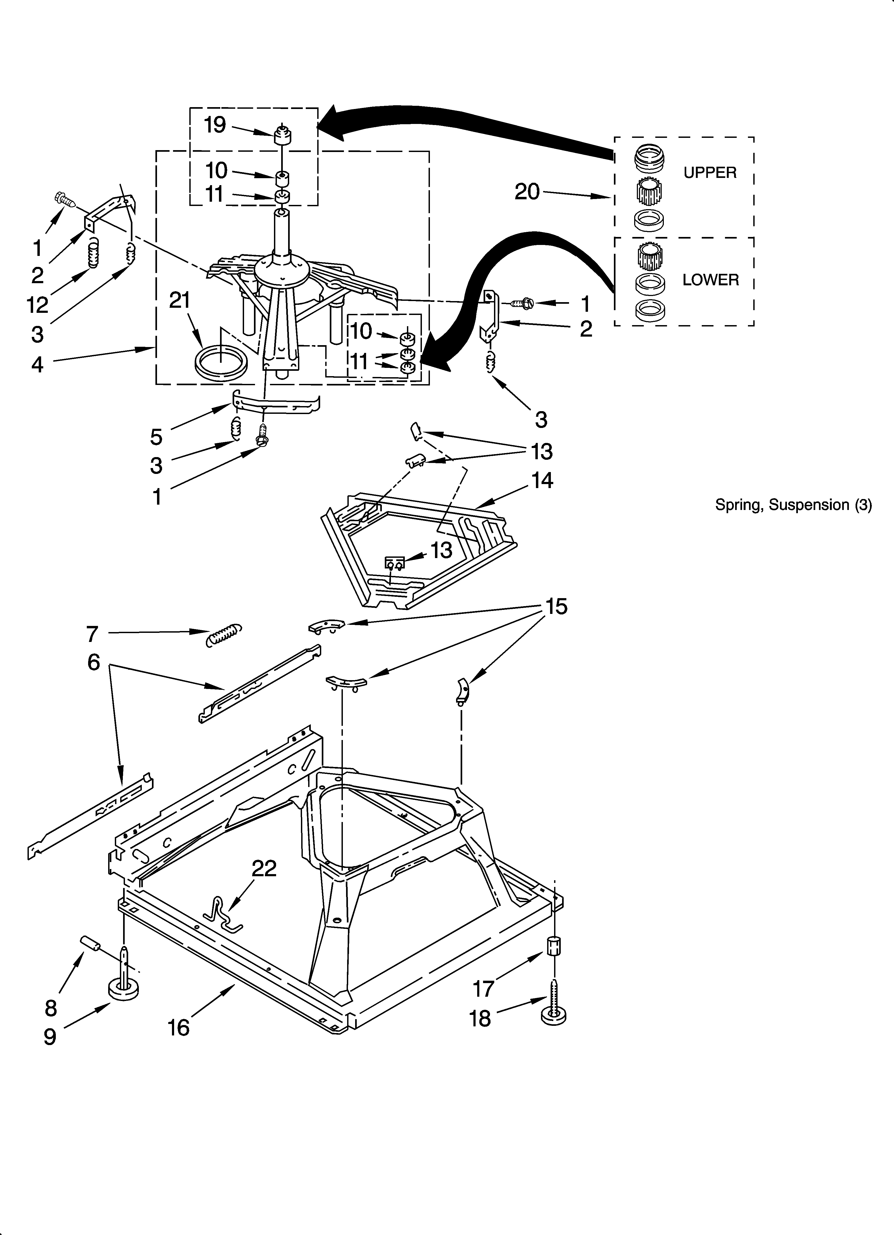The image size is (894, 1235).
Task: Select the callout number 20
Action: (x=527, y=192)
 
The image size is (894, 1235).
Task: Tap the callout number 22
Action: (x=264, y=868)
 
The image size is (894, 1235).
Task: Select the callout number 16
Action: (x=179, y=1027)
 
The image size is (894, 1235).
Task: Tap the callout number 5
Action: (x=156, y=437)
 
